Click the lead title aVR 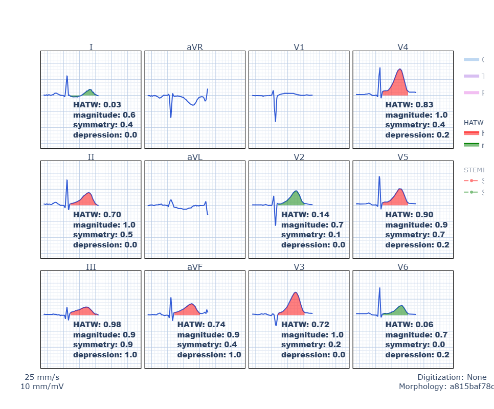click(195, 48)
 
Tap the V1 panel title click(299, 48)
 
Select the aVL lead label click(195, 157)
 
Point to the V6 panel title click(403, 267)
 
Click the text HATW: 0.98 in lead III click(97, 325)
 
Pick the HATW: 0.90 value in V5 click(409, 215)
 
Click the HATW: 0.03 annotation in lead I click(97, 105)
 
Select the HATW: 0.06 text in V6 click(409, 325)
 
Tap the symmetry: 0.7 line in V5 click(415, 235)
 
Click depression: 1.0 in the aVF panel click(209, 355)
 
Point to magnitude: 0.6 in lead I click(104, 115)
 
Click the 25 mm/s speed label click(42, 377)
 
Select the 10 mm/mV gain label click(42, 387)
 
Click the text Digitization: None click(452, 377)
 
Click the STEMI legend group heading click(474, 170)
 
